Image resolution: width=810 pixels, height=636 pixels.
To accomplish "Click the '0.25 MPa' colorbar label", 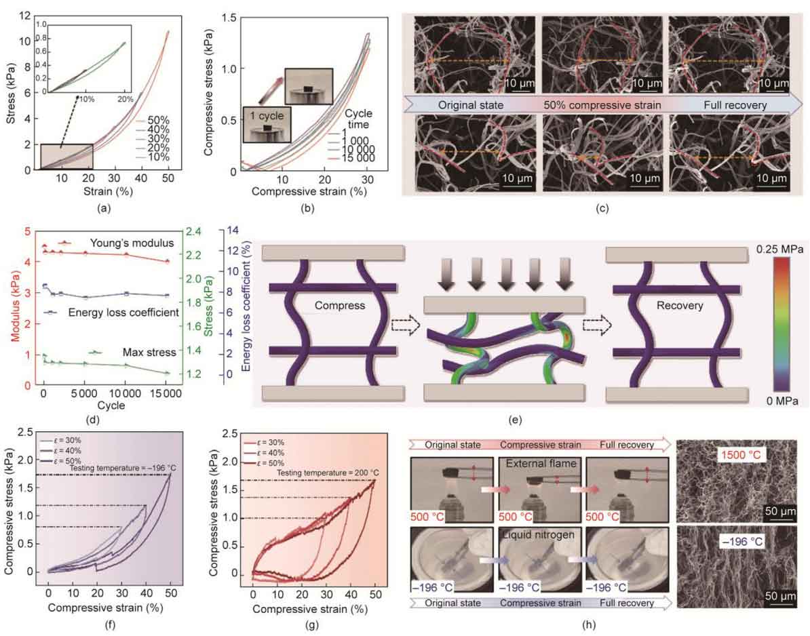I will tap(780, 250).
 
